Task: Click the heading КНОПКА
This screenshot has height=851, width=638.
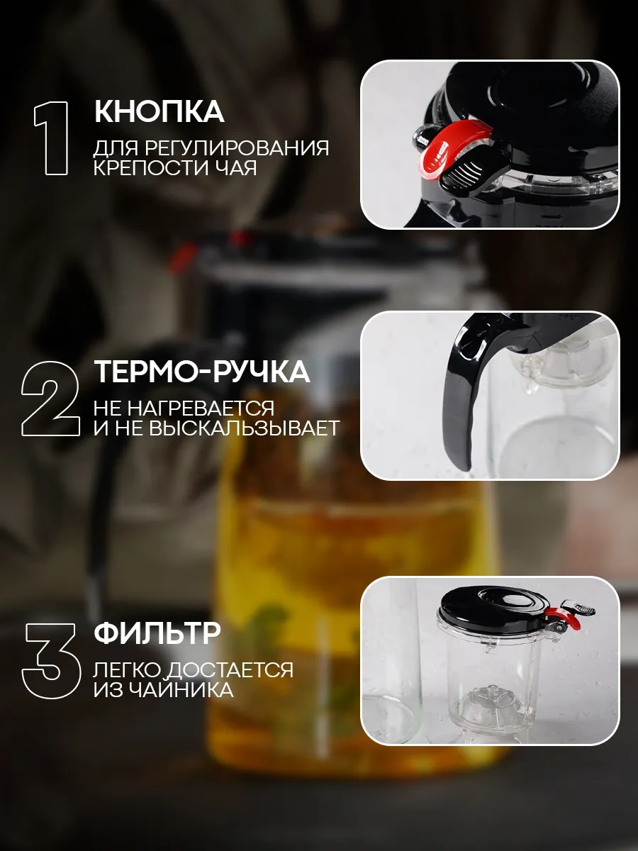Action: (x=159, y=112)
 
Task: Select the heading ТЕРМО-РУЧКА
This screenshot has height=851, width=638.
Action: (x=202, y=372)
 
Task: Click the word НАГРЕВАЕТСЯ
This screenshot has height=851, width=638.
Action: (x=203, y=408)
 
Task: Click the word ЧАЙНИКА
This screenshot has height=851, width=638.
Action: (x=190, y=690)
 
